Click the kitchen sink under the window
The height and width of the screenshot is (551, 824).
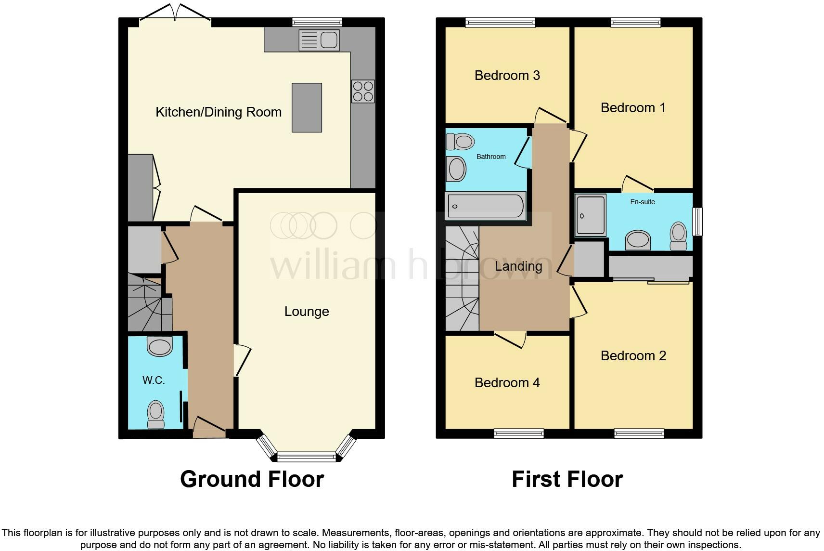[319, 40]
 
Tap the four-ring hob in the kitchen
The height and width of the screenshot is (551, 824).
[363, 92]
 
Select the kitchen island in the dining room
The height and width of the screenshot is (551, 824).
[307, 107]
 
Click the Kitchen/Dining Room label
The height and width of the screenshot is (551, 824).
[219, 112]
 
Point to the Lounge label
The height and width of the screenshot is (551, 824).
[307, 312]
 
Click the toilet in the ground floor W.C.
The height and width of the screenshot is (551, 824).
[155, 414]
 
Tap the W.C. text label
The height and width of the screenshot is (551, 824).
[154, 380]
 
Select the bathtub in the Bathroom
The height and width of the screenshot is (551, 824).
[485, 206]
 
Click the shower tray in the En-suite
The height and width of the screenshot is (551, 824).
[591, 215]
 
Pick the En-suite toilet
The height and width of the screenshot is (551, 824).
[679, 236]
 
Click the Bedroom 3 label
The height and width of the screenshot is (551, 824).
[507, 76]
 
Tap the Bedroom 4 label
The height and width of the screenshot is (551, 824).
[507, 383]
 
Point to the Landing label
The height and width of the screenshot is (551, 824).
[518, 266]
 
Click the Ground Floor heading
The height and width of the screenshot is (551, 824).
[252, 479]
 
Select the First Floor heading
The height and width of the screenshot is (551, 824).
[567, 479]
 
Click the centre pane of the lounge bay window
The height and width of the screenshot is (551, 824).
[306, 456]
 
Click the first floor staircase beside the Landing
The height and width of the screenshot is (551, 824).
[462, 279]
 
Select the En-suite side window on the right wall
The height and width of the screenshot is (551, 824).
[697, 222]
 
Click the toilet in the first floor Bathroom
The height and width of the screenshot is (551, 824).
[461, 142]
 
